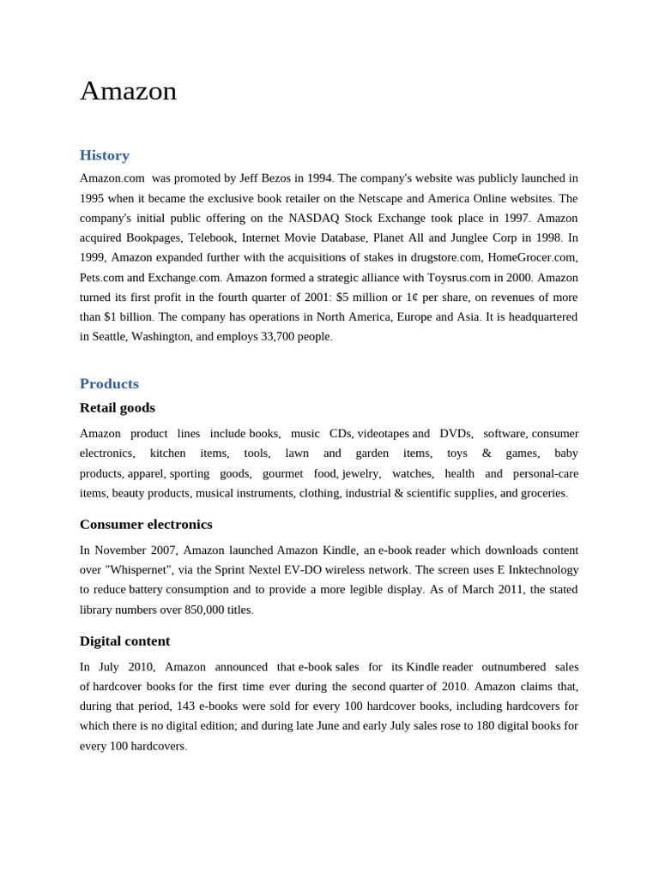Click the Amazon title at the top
tap(128, 91)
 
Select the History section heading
tap(105, 155)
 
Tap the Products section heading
tap(109, 383)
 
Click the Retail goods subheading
tap(118, 407)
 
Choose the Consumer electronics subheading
tap(146, 524)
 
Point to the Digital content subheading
tap(124, 640)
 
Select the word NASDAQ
tap(315, 218)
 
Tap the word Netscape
tap(380, 198)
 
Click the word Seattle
tap(103, 336)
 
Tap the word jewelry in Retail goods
tap(360, 473)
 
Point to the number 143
tap(186, 706)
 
